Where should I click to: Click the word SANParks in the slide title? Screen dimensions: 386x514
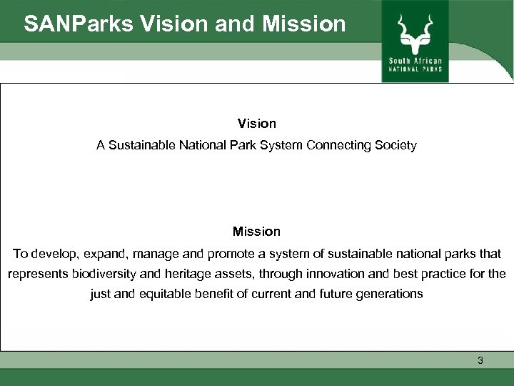(x=78, y=24)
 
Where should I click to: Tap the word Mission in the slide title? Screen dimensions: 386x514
(x=304, y=24)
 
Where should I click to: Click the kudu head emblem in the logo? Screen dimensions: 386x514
(x=414, y=30)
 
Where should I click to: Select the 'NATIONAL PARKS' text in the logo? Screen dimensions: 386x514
(x=415, y=69)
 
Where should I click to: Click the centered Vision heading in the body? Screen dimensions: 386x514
(x=256, y=124)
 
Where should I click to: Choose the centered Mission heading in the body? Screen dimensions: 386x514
(x=256, y=232)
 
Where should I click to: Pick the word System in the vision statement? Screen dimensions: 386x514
(x=283, y=145)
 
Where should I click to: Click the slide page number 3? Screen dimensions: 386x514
(x=480, y=361)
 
